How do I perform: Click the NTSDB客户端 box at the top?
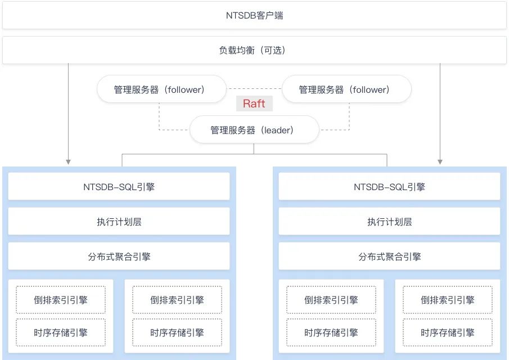click(x=254, y=16)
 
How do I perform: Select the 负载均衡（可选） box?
click(x=254, y=50)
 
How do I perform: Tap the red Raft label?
click(x=254, y=103)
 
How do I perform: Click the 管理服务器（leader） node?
click(x=254, y=130)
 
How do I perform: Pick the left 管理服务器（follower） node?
click(x=161, y=89)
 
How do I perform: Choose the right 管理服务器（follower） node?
click(x=346, y=89)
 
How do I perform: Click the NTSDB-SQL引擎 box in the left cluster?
click(x=119, y=186)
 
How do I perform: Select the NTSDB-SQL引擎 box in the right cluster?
click(x=389, y=186)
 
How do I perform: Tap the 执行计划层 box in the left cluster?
click(x=119, y=221)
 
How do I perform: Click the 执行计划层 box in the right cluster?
click(x=389, y=221)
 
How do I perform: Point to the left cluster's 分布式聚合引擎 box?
click(x=119, y=256)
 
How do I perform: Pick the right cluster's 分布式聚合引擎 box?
click(x=389, y=256)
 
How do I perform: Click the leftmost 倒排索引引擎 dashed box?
click(x=60, y=300)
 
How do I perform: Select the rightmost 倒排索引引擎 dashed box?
click(x=447, y=300)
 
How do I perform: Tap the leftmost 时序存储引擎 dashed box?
click(x=60, y=332)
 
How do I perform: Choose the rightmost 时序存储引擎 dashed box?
click(x=447, y=332)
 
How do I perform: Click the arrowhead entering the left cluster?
click(x=69, y=162)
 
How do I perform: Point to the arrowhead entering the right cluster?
click(x=440, y=162)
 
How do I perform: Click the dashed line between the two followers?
click(x=254, y=89)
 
